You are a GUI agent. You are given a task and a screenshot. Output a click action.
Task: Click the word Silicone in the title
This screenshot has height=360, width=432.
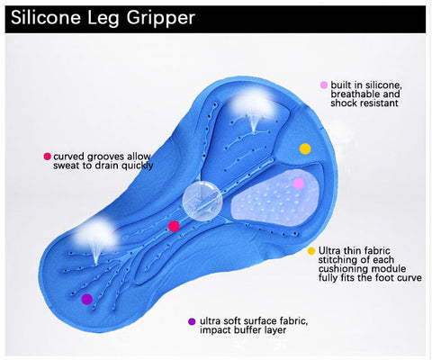(46, 17)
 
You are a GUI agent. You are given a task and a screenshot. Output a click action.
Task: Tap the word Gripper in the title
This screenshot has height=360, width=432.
(161, 19)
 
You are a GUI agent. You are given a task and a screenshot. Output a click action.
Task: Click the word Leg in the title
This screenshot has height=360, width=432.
(103, 19)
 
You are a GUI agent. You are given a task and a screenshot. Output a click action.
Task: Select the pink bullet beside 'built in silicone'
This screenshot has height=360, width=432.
(324, 85)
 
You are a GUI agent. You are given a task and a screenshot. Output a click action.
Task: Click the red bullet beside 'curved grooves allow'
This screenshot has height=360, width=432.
(47, 157)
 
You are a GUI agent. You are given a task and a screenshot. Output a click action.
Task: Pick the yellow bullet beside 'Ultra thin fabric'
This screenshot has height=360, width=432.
(311, 251)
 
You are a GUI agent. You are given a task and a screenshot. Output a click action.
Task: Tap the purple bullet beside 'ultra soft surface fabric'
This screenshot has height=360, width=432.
(192, 321)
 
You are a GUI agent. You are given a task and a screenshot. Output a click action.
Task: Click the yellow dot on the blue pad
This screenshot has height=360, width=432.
(305, 148)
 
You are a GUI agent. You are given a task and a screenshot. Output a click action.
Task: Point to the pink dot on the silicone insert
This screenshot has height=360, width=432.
(298, 184)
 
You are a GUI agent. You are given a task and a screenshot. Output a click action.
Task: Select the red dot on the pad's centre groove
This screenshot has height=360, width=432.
(174, 226)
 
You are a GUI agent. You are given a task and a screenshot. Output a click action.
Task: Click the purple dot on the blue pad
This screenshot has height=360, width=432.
(86, 299)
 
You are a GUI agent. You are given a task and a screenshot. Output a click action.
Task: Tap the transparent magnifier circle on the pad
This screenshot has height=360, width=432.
(202, 201)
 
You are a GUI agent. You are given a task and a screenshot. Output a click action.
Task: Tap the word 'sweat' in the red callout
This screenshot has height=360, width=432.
(66, 166)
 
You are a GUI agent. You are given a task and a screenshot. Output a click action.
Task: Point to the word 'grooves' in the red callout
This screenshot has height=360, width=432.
(104, 157)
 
